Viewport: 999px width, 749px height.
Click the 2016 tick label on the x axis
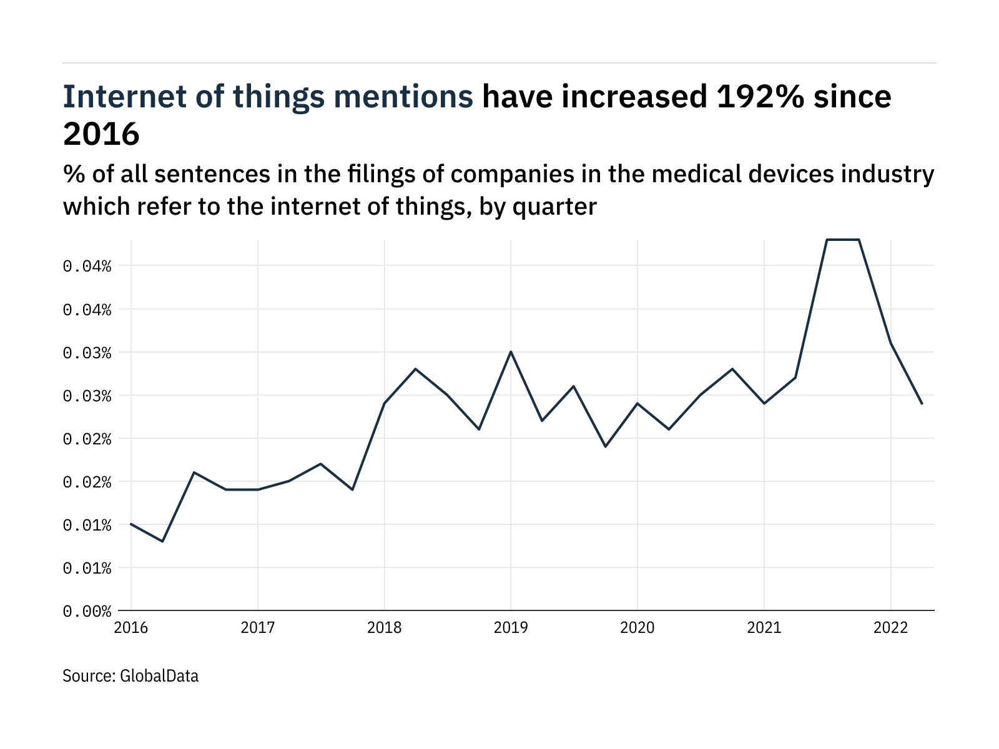[x=131, y=628]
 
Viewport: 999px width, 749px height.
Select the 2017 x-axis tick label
[x=257, y=628]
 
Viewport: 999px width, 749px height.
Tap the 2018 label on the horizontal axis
[x=384, y=628]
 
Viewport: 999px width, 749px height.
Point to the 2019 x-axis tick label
[x=511, y=628]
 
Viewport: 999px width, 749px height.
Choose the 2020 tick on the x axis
[x=637, y=628]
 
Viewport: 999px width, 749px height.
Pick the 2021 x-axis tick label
[x=764, y=628]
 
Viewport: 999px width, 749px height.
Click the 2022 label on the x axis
[x=890, y=628]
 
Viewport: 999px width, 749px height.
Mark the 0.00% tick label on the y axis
[x=87, y=611]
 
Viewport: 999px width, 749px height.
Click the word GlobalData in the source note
[x=159, y=676]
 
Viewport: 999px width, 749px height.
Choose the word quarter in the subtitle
[x=554, y=207]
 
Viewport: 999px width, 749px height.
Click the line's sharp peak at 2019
[x=511, y=351]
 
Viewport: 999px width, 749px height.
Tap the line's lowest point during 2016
[x=162, y=541]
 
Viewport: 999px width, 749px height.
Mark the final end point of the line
[x=922, y=404]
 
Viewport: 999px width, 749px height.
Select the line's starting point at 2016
[x=131, y=524]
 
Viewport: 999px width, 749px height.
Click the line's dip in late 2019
[x=606, y=446]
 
